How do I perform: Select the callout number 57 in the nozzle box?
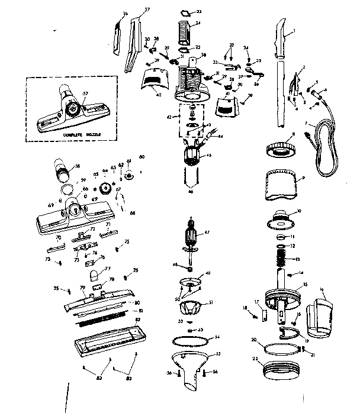point(85,94)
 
